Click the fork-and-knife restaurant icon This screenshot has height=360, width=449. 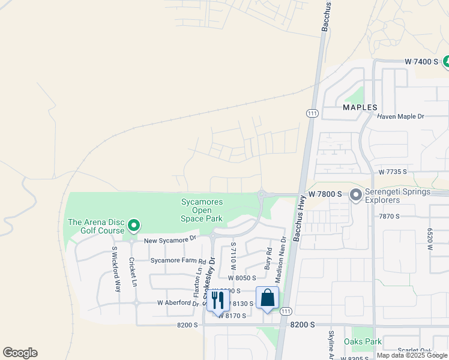click(x=218, y=300)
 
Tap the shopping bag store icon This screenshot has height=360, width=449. click(x=267, y=298)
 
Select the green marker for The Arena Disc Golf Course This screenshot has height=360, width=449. click(x=134, y=226)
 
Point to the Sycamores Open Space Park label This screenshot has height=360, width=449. click(x=202, y=210)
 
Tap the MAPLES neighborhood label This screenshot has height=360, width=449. click(x=360, y=107)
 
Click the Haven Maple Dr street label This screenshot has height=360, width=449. click(x=400, y=116)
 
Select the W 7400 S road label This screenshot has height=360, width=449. click(x=422, y=62)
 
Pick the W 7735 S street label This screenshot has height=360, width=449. click(x=393, y=172)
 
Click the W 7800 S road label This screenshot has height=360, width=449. click(x=325, y=194)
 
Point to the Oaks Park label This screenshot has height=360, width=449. click(x=363, y=341)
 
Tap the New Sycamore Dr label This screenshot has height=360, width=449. click(x=170, y=239)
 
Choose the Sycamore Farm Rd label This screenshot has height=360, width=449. click(x=178, y=262)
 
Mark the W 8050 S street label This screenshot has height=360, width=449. click(x=242, y=278)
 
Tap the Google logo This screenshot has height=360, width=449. click(x=20, y=353)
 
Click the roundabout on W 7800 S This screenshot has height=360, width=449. click(x=262, y=194)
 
